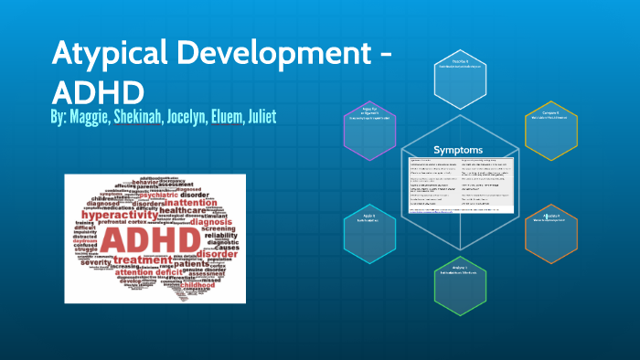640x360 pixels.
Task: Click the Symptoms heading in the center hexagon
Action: click(x=459, y=149)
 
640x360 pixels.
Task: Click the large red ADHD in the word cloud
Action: click(x=152, y=240)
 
